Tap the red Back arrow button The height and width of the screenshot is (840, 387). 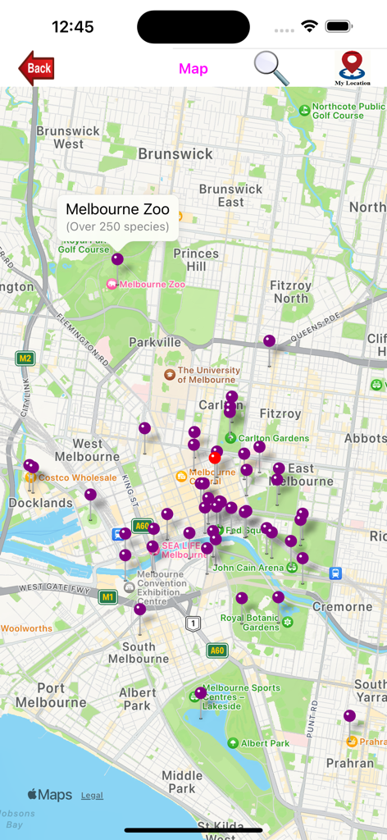click(36, 68)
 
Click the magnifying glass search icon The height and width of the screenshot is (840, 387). click(271, 68)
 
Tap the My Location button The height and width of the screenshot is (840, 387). click(352, 68)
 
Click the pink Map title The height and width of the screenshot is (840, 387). click(193, 69)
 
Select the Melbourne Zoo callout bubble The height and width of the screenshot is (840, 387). click(117, 217)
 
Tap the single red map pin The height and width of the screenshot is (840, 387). click(215, 458)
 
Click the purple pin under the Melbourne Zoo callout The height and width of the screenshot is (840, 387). click(117, 259)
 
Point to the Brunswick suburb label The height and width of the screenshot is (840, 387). click(175, 153)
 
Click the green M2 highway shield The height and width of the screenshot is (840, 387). click(25, 358)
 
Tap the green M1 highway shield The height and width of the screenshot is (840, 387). click(107, 597)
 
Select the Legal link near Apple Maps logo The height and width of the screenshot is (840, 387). click(92, 795)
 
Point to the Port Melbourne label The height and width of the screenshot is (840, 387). click(51, 696)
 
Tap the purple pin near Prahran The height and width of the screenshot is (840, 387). click(349, 716)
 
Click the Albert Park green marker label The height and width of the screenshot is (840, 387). click(264, 743)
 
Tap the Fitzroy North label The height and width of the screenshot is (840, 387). click(291, 292)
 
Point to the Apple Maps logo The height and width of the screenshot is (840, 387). click(49, 795)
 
